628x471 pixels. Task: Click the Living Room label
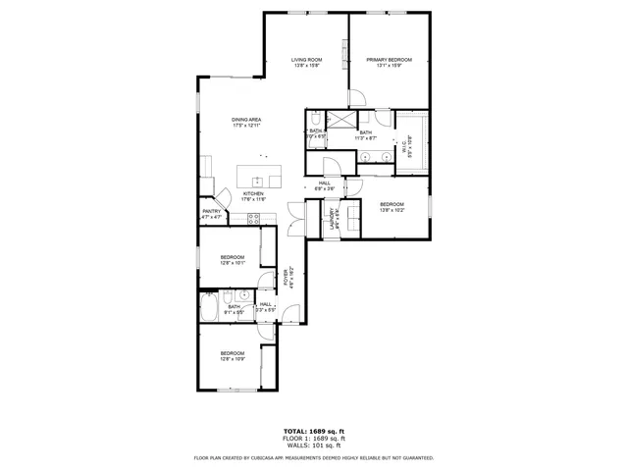[x=306, y=63]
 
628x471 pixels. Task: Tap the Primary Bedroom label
[x=390, y=63]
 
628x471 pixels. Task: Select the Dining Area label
[x=245, y=123]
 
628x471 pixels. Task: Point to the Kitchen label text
[x=253, y=196]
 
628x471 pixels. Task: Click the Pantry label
[x=212, y=213]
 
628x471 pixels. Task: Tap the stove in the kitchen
[x=254, y=221]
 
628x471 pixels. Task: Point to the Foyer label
[x=287, y=278]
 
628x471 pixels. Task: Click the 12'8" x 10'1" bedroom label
[x=232, y=260]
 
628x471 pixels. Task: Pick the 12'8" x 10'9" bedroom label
[x=232, y=356]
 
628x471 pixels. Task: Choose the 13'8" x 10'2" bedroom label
[x=392, y=207]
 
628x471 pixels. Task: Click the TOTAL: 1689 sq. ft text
[x=314, y=431]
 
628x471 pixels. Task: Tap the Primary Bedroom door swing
[x=359, y=97]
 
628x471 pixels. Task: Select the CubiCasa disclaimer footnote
[x=314, y=457]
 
